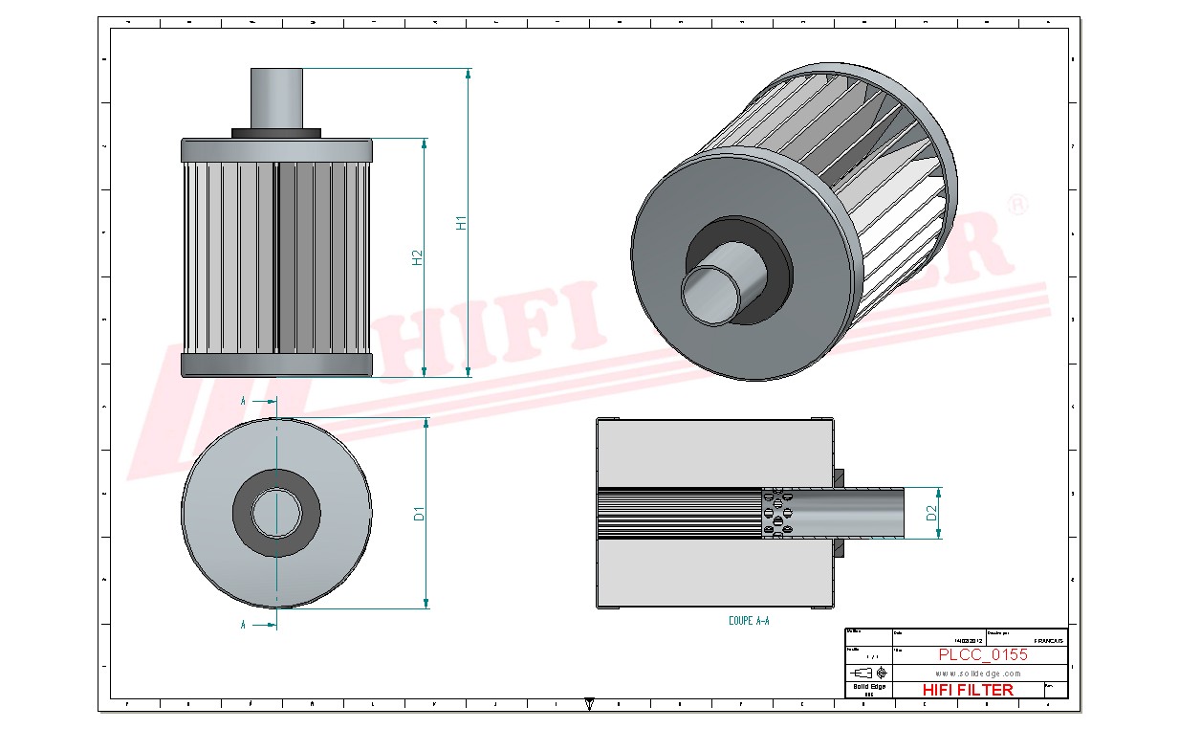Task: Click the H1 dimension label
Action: (x=461, y=222)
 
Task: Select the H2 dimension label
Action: (x=417, y=257)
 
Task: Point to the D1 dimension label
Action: (x=418, y=514)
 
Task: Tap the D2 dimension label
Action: (x=930, y=514)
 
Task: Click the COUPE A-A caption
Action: (x=749, y=621)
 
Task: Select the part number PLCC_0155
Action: (x=982, y=655)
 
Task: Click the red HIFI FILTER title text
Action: (x=967, y=690)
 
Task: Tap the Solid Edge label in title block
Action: (x=868, y=687)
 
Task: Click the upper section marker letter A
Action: (x=243, y=402)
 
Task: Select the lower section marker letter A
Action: (x=243, y=625)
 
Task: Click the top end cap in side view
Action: (x=276, y=149)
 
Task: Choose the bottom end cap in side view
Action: (x=276, y=364)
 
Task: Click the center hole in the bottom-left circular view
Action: (x=276, y=514)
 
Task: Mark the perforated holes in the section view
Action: (x=776, y=514)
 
